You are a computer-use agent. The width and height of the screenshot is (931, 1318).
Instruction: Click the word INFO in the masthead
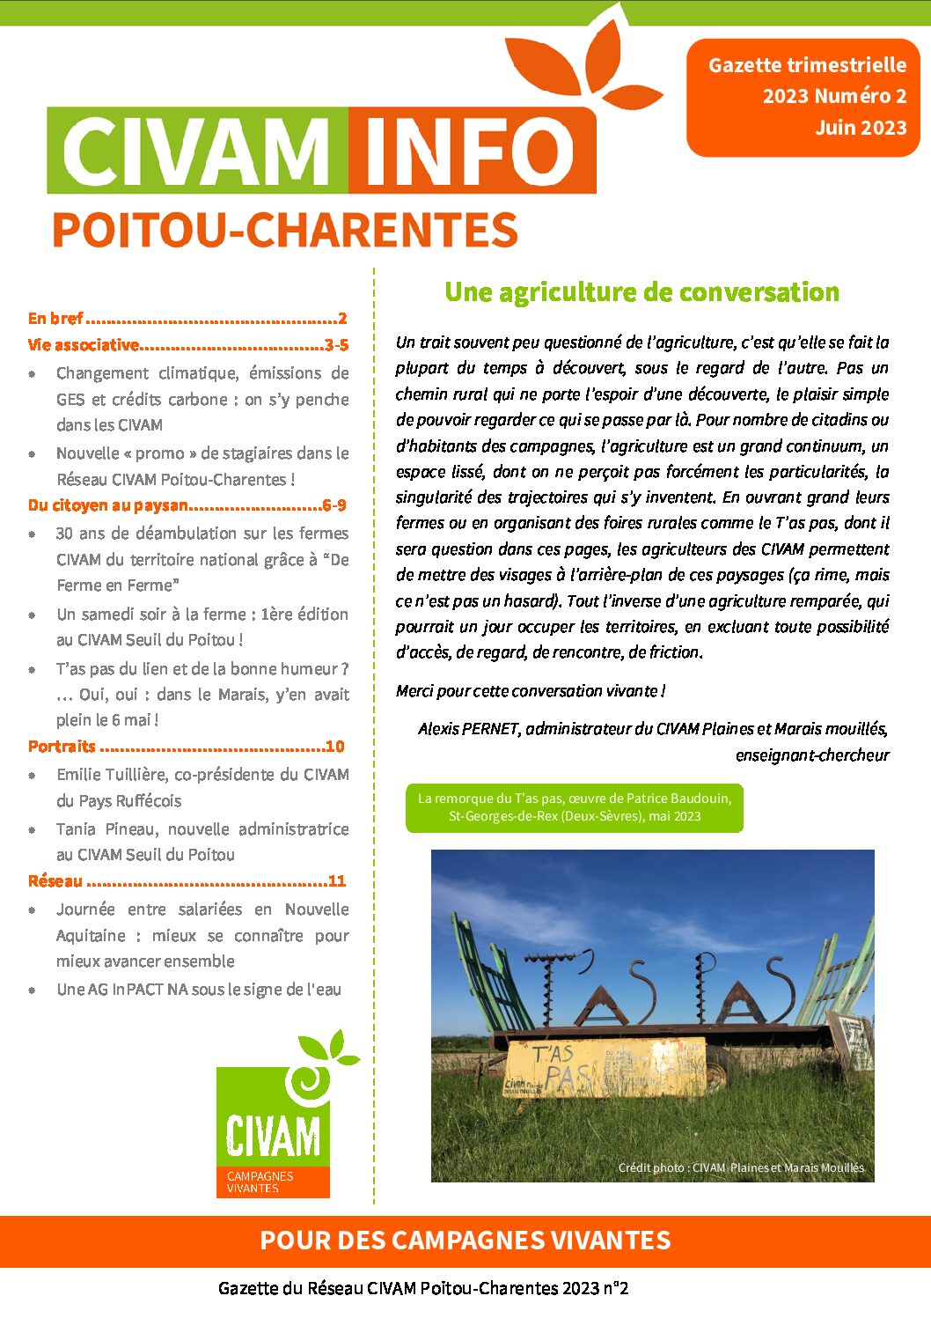click(470, 151)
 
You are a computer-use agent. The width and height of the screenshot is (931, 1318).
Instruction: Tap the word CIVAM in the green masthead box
click(196, 151)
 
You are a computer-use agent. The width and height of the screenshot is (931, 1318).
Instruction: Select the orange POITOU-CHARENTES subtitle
click(284, 230)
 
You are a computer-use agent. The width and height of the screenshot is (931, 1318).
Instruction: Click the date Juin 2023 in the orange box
click(860, 128)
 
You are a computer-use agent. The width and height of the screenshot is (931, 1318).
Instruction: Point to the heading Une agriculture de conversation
click(641, 292)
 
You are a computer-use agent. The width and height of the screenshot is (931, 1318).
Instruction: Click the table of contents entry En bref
click(55, 319)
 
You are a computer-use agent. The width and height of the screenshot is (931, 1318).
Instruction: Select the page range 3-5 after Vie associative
click(336, 345)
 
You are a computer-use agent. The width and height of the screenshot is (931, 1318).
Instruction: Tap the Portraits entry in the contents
click(62, 747)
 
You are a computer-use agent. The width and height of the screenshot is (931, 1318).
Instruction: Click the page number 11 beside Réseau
click(336, 881)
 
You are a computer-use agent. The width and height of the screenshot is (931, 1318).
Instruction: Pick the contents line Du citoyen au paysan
click(107, 505)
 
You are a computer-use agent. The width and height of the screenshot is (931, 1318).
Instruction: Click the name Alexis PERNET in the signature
click(467, 729)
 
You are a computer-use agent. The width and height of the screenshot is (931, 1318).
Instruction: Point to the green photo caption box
click(574, 807)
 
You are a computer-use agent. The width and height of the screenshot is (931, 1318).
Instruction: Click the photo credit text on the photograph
click(740, 1167)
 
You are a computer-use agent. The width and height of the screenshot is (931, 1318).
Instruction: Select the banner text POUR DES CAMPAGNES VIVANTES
click(465, 1241)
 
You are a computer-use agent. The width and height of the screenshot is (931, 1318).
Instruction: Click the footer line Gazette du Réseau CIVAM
click(423, 1289)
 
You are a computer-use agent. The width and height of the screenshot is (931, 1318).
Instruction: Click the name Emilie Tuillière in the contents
click(113, 775)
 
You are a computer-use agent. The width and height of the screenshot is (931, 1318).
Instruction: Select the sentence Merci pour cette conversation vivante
click(530, 691)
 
